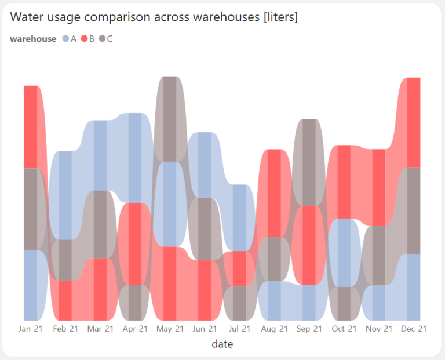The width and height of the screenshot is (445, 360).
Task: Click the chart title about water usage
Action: point(154,17)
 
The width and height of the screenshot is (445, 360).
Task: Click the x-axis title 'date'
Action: point(222,344)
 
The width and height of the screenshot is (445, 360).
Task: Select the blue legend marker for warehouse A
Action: point(65,39)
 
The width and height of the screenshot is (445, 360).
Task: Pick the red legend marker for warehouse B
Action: point(83,39)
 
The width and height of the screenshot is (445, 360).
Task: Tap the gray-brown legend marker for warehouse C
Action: point(102,39)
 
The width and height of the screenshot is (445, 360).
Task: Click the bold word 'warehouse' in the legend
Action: point(33,39)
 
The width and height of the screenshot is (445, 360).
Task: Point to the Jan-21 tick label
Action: point(31,329)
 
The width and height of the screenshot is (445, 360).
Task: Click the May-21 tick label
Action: point(170,329)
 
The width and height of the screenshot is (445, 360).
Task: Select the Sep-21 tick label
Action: point(309,329)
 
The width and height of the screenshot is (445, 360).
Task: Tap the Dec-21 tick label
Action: point(414,329)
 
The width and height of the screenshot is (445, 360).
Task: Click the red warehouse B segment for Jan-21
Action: point(31,126)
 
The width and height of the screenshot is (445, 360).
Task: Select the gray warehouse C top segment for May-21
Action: point(170,119)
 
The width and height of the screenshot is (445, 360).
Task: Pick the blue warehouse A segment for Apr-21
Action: point(135,158)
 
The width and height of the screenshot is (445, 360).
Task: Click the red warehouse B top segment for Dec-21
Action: point(414,122)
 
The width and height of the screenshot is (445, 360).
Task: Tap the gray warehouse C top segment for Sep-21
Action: point(309,162)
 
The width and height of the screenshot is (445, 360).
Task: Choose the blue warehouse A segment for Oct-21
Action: point(344,253)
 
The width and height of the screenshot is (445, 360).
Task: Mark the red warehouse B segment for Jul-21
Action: point(239,268)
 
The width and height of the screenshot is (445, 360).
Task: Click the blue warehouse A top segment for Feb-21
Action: point(65,195)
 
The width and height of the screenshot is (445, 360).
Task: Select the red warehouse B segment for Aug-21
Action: point(274,193)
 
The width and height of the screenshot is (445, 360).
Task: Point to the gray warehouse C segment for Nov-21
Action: point(378,255)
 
